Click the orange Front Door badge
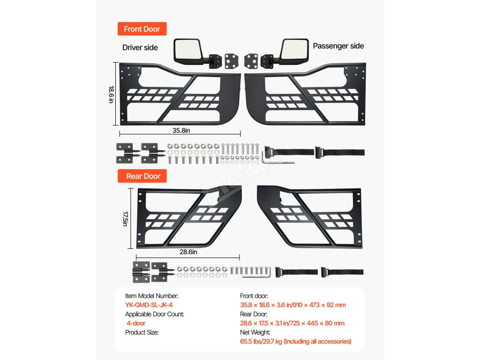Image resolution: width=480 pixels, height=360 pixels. pos(142,29)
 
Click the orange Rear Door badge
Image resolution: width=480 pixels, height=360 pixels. pos(143,176)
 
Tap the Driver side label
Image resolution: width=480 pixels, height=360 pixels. pos(140,47)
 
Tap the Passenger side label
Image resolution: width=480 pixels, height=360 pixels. pos(338,46)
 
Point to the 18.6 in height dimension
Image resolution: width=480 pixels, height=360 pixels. pos(112,95)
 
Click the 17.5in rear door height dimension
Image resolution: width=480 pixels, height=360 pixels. pos(125,218)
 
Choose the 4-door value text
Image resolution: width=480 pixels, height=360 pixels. pos(136,323)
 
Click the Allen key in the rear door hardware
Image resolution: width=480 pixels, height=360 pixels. pos(266,273)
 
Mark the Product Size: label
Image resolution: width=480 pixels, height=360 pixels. pos(142,332)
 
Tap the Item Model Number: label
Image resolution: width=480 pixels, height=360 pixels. pos(151,296)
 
